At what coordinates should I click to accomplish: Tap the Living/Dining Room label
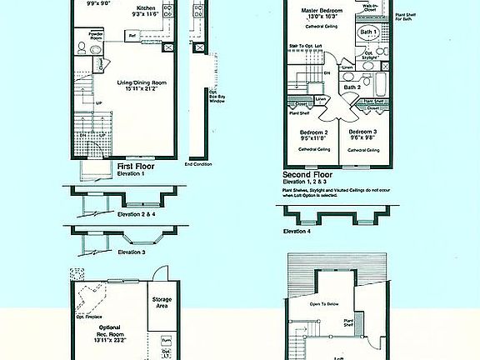[x=138, y=86]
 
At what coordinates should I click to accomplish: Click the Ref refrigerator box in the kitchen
[x=132, y=37]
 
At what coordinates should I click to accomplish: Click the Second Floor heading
[x=308, y=174]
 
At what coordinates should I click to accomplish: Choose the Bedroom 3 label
[x=364, y=132]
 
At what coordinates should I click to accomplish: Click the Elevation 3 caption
[x=132, y=252]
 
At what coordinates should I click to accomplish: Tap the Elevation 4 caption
[x=297, y=231]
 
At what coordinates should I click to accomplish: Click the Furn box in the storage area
[x=166, y=340]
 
